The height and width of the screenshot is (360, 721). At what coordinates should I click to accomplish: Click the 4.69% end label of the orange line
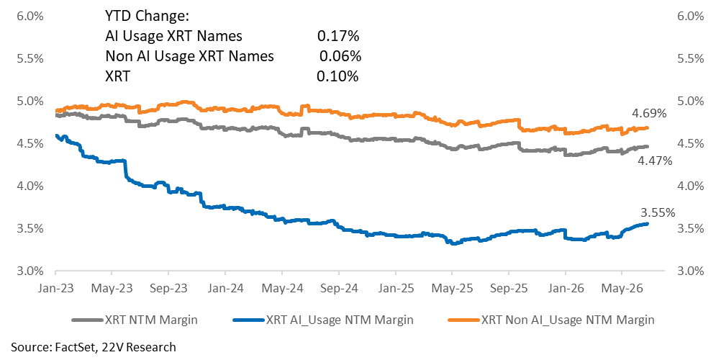point(648,113)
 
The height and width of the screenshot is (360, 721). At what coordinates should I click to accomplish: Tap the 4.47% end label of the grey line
point(655,161)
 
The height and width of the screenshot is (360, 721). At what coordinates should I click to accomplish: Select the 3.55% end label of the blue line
point(658,212)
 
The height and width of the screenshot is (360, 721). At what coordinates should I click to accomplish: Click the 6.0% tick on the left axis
point(30,17)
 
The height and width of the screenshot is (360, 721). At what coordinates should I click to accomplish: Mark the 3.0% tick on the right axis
point(691,271)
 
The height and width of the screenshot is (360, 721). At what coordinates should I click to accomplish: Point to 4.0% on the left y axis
point(30,186)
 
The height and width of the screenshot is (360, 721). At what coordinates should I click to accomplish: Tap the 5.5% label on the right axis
point(691,59)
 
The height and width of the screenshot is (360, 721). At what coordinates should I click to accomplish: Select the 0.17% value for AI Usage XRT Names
point(337,36)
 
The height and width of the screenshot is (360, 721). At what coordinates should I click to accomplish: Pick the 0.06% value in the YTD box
point(340,56)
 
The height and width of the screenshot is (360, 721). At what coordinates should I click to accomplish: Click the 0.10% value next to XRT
point(337,76)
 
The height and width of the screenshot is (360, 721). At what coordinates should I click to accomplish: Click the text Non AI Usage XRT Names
point(189,56)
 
